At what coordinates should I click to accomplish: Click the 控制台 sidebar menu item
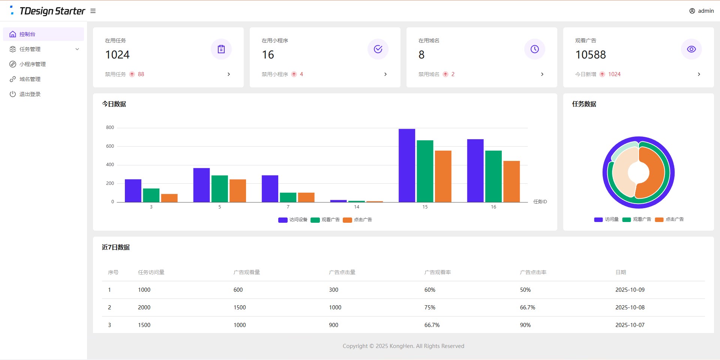point(27,34)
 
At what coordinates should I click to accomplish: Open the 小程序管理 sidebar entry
point(32,64)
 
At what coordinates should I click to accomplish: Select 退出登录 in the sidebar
point(30,94)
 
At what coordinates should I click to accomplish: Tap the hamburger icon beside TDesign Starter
point(93,11)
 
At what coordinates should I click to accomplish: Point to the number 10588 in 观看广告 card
point(590,55)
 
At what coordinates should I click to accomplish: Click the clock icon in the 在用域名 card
point(534,49)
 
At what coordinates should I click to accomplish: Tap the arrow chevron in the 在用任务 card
point(229,74)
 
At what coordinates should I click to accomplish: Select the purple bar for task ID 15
point(406,165)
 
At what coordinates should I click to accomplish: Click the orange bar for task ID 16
point(511,181)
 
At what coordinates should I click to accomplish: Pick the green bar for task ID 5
point(219,189)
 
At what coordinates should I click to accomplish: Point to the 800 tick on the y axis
point(110,127)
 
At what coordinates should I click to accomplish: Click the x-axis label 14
point(356,207)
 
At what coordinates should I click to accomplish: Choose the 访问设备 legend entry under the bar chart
point(293,220)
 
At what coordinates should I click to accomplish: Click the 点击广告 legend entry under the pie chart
point(669,219)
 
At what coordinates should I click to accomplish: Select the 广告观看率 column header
point(437,272)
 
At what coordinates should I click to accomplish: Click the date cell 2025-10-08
point(630,307)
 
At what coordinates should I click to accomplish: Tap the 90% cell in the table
point(525,325)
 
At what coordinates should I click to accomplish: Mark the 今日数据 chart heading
point(114,104)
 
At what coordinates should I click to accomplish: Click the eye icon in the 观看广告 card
point(691,49)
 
